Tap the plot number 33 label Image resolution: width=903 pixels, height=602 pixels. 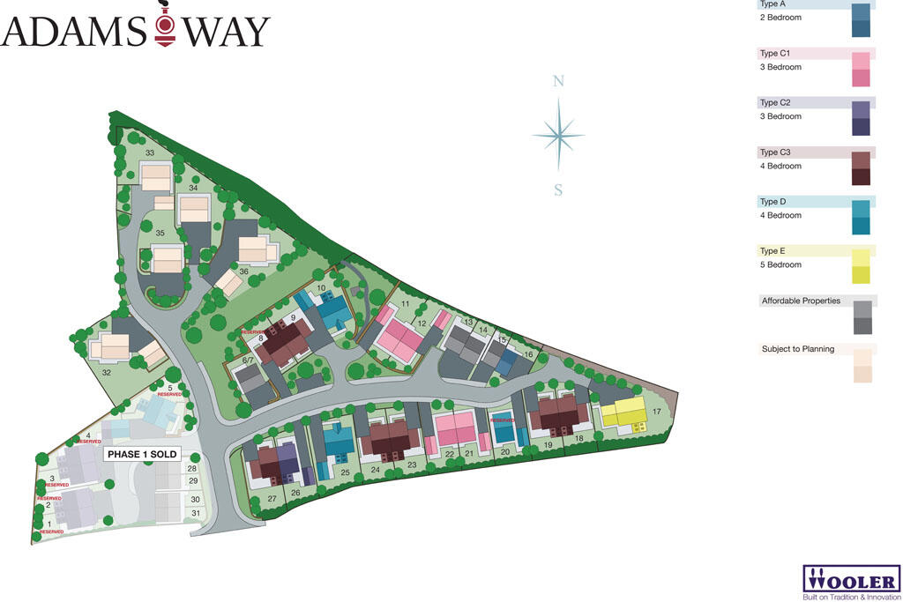pos(150,153)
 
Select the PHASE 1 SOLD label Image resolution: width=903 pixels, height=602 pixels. pos(142,455)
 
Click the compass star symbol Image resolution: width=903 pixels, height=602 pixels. pos(557,135)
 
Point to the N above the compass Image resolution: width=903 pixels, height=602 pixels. pos(557,82)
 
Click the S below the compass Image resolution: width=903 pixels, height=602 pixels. pos(558,190)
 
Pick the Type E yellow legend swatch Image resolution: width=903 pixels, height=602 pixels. pos(861,266)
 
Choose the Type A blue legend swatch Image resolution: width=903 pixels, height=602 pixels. pos(861,20)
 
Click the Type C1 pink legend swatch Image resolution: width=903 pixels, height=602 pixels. pos(861,70)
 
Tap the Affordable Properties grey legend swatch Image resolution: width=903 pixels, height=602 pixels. pos(862,317)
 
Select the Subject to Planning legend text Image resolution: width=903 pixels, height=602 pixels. pos(798,349)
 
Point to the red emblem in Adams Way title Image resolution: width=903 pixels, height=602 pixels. pos(165,30)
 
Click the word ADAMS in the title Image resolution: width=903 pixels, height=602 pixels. pos(74,32)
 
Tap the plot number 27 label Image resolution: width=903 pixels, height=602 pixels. pos(272,499)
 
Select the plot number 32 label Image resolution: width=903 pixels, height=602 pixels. pos(107,373)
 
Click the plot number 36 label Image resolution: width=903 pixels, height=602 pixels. pos(243,271)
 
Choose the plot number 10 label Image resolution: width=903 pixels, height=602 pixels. pos(322,288)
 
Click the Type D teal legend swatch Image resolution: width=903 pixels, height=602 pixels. pos(861,217)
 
